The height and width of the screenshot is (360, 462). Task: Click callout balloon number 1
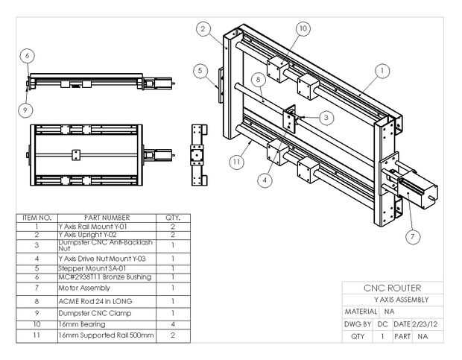coord(382,71)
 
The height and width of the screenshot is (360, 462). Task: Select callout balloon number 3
coord(327,117)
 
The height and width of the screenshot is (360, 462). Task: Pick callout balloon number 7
coord(414,236)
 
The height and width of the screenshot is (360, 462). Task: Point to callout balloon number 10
coord(303,28)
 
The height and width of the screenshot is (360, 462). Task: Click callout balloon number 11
coord(236,160)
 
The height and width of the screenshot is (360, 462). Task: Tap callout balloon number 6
coord(27,55)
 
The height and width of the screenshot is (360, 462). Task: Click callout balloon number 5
coord(200,71)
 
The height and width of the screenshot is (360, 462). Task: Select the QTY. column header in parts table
coord(173,218)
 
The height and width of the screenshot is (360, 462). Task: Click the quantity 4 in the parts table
coord(173,325)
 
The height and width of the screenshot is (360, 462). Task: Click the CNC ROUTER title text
coord(392,288)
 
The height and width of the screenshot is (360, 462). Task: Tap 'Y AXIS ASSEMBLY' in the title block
coord(392,300)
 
